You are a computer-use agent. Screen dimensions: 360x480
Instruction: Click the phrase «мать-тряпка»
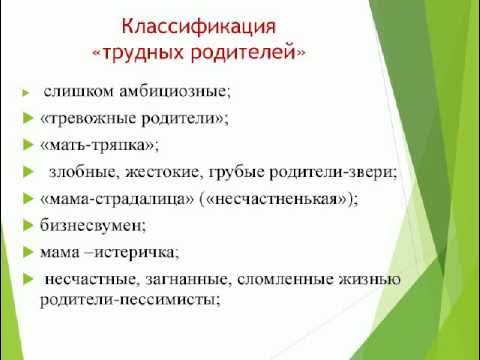93,145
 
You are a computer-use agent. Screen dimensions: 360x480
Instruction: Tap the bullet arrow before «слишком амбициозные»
26,93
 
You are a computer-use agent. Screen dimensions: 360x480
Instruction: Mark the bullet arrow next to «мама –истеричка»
26,250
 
